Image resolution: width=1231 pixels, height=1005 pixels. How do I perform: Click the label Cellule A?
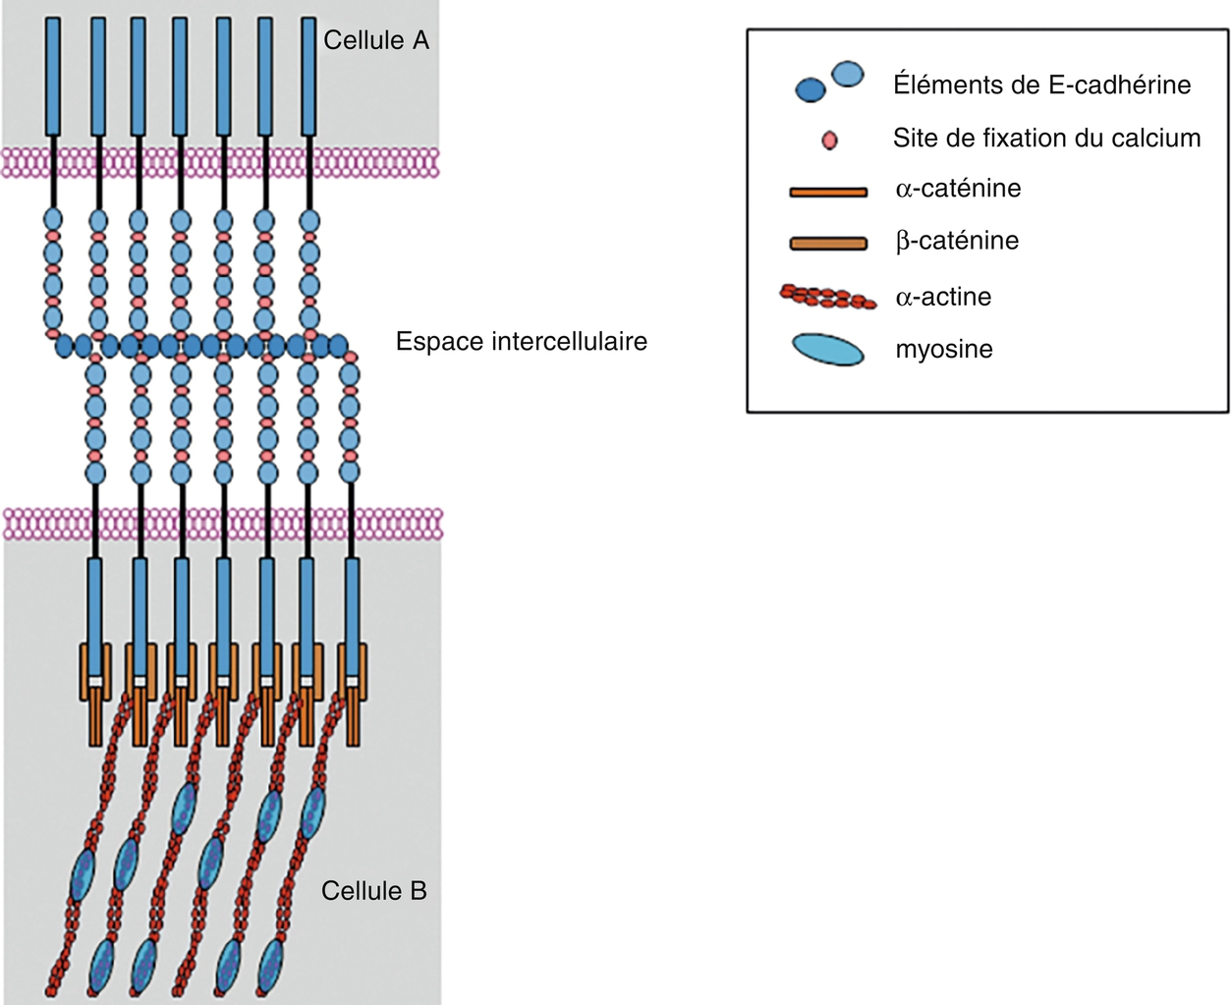click(375, 41)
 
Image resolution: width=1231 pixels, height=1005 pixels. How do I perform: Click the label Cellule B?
click(373, 891)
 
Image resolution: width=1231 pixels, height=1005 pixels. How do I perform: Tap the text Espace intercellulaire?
click(521, 342)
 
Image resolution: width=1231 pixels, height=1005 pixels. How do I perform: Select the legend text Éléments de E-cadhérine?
click(1041, 85)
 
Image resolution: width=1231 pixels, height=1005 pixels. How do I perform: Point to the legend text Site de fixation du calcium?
click(1046, 139)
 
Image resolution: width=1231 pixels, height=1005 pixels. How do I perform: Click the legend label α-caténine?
click(958, 189)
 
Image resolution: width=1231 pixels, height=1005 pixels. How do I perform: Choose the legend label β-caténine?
click(957, 241)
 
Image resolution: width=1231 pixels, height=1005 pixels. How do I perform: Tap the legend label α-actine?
click(943, 297)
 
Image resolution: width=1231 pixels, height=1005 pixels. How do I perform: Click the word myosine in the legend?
click(944, 350)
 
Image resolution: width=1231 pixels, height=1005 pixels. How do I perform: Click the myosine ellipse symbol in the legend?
click(828, 350)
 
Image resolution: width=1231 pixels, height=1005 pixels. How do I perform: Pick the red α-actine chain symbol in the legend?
click(827, 297)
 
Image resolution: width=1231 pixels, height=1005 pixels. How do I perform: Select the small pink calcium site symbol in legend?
click(829, 140)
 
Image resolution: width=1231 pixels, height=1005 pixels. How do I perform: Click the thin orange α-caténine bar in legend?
click(828, 193)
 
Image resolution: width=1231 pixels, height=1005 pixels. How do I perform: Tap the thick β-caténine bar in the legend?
click(828, 243)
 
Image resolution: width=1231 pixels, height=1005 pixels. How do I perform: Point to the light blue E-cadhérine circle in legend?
click(847, 74)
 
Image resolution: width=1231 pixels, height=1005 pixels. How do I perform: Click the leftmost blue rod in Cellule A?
click(53, 77)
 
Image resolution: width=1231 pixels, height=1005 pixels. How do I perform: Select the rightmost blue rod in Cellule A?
click(308, 77)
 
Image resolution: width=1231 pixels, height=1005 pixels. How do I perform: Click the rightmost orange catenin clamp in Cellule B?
click(353, 688)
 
